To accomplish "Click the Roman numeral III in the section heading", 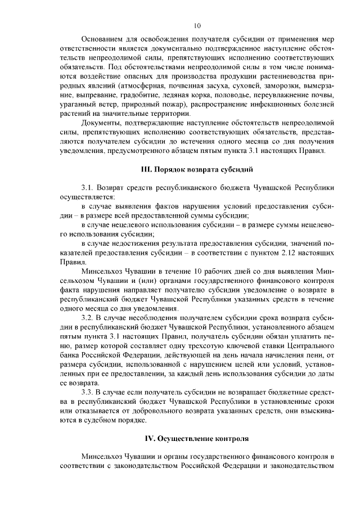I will click(x=146, y=169).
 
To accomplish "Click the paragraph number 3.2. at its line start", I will click(x=89, y=318).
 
